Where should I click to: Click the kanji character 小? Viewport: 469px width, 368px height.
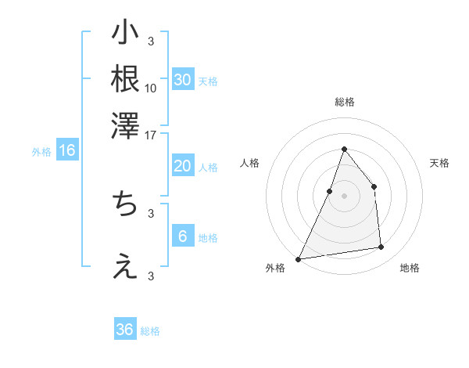pyautogui.click(x=125, y=35)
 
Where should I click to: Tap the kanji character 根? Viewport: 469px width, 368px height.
pyautogui.click(x=125, y=80)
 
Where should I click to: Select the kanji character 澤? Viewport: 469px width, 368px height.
pyautogui.click(x=125, y=125)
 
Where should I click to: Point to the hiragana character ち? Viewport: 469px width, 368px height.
pyautogui.click(x=125, y=204)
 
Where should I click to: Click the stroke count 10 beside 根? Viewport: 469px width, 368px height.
pyautogui.click(x=151, y=88)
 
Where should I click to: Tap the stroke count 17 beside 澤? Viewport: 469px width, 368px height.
pyautogui.click(x=151, y=135)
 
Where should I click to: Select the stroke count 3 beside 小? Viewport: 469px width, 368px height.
pyautogui.click(x=151, y=41)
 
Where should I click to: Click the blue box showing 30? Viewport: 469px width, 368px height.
pyautogui.click(x=182, y=80)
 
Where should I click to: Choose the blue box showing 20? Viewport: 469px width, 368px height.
pyautogui.click(x=182, y=166)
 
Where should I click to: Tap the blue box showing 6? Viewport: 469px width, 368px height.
pyautogui.click(x=182, y=236)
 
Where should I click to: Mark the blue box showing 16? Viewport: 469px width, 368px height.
pyautogui.click(x=66, y=151)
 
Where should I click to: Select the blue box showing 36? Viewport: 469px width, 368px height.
pyautogui.click(x=125, y=330)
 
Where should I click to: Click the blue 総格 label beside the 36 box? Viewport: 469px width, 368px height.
pyautogui.click(x=150, y=331)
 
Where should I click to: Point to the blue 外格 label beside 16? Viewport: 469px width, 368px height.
pyautogui.click(x=41, y=152)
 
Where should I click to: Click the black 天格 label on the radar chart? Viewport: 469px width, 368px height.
pyautogui.click(x=439, y=163)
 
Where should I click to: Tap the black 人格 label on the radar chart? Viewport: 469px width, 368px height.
pyautogui.click(x=249, y=163)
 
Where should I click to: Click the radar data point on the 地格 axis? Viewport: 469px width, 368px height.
pyautogui.click(x=381, y=247)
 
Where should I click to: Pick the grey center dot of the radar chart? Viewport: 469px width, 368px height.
pyautogui.click(x=344, y=196)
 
